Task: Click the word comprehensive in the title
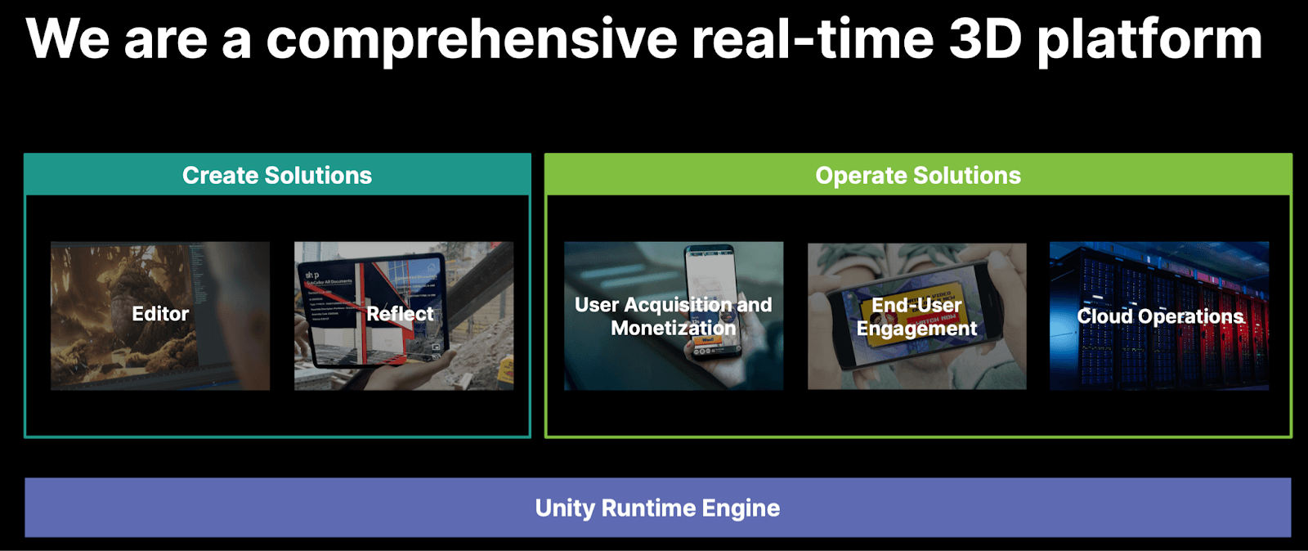(472, 39)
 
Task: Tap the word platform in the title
(1149, 39)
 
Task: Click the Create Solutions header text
(277, 175)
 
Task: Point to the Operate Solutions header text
(918, 175)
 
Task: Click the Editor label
(160, 314)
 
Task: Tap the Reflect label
(400, 314)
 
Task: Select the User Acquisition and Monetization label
(673, 316)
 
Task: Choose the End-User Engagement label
(916, 316)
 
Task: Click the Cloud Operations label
(1160, 316)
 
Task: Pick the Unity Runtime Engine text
(657, 508)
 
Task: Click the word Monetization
(673, 328)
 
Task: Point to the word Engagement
(916, 329)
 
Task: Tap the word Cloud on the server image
(1104, 316)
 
